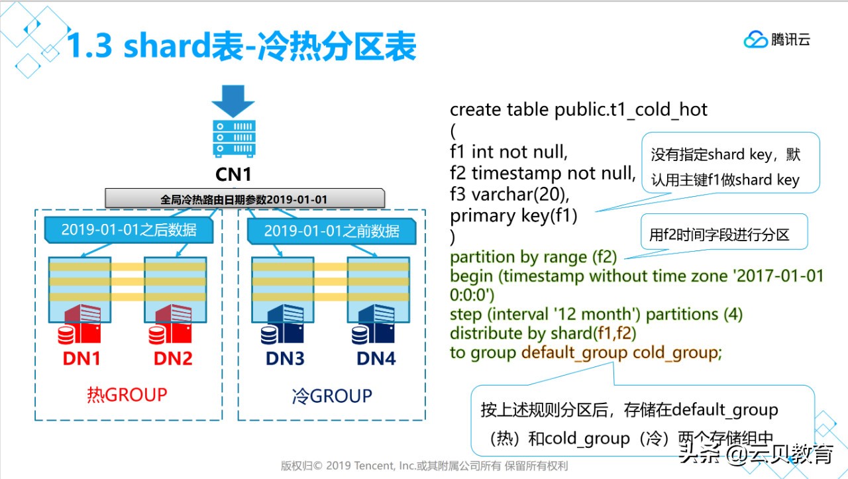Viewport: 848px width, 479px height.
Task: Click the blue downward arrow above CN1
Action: click(233, 101)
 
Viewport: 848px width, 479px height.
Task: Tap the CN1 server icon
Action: click(233, 140)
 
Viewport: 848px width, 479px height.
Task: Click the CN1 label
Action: click(233, 175)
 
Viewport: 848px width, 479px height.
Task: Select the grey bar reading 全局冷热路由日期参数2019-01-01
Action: click(244, 199)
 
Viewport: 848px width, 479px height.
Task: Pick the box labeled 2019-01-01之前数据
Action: click(331, 231)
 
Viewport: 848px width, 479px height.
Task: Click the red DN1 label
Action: click(81, 358)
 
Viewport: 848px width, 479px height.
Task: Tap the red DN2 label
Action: click(173, 358)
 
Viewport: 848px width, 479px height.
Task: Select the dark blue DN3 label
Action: click(286, 358)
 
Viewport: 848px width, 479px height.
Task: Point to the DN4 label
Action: click(376, 358)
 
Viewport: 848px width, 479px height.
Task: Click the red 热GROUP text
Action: click(127, 395)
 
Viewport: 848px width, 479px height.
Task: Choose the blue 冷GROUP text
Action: click(332, 396)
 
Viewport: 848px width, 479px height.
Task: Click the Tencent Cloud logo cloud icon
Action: click(755, 40)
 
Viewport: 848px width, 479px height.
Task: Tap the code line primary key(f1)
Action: click(513, 216)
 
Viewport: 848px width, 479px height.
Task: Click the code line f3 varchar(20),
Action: click(510, 195)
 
